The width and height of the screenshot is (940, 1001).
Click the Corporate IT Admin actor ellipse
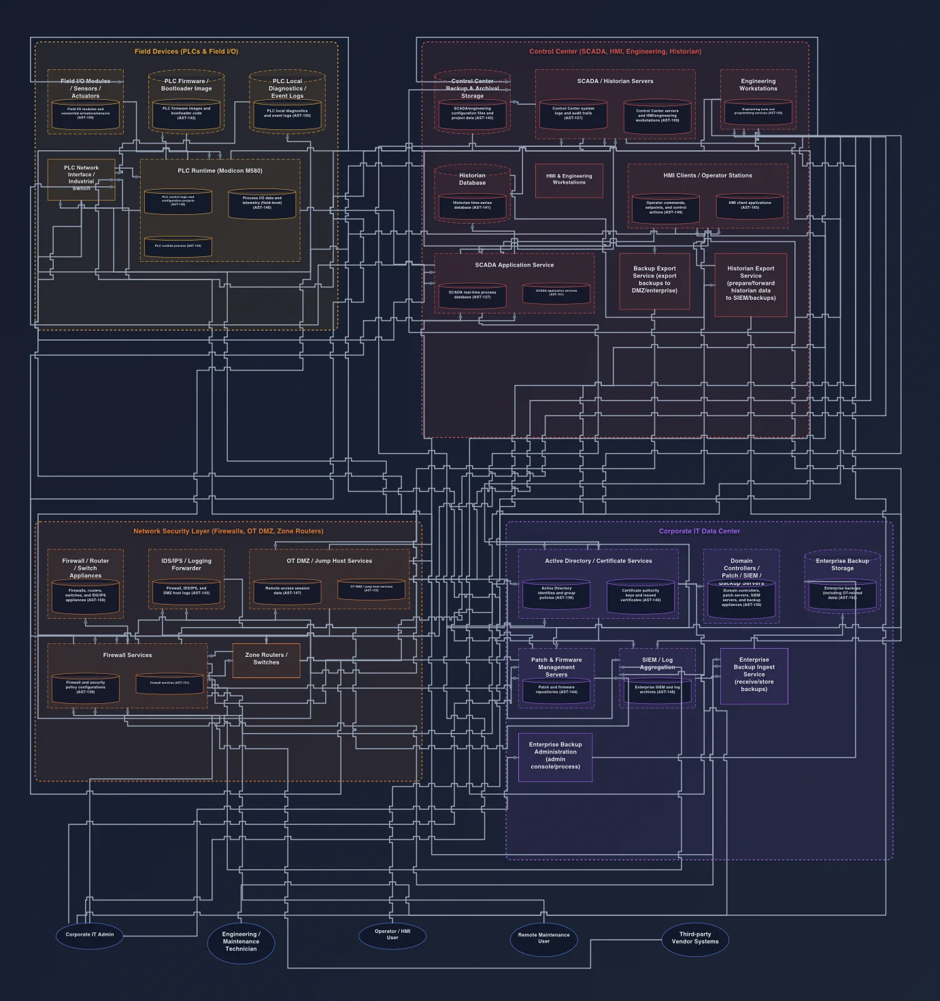click(90, 935)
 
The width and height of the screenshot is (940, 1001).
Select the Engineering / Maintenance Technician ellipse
click(241, 942)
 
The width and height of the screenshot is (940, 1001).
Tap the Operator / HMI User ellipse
click(392, 935)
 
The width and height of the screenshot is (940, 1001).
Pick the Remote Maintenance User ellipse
click(543, 938)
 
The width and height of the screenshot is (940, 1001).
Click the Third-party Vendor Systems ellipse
click(695, 938)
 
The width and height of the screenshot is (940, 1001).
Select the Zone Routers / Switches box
click(266, 660)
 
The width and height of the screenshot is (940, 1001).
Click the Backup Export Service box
click(654, 281)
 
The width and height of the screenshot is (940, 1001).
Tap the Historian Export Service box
click(750, 284)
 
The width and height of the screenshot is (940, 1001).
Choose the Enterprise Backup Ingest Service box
click(754, 675)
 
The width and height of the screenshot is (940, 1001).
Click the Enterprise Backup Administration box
click(555, 757)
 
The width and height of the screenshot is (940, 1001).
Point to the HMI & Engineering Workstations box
click(569, 180)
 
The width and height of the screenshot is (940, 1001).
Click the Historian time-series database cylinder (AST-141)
click(472, 205)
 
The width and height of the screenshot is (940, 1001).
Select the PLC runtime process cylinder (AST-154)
click(178, 246)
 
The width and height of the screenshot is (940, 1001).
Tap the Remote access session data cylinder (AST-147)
click(287, 591)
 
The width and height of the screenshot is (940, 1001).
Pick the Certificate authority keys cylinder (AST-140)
click(641, 596)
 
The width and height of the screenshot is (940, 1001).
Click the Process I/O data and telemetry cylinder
click(262, 203)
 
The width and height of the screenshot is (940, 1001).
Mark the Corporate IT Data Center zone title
click(699, 531)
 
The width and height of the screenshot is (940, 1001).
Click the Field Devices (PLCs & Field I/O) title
click(186, 52)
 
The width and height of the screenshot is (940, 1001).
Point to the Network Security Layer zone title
click(229, 531)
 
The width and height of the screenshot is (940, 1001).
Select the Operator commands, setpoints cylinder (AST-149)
click(665, 208)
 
